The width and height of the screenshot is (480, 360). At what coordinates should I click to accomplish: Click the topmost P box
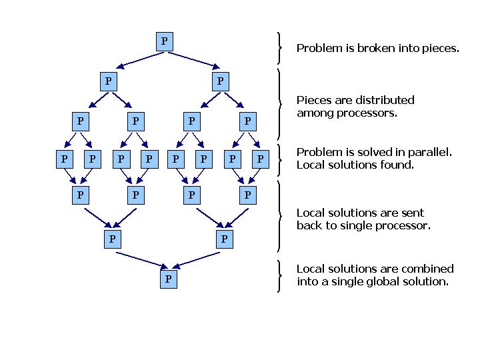164,41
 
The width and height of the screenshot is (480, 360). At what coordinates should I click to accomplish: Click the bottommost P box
168,279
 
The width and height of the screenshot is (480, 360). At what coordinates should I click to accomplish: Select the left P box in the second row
108,81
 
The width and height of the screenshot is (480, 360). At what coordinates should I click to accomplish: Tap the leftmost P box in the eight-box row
64,159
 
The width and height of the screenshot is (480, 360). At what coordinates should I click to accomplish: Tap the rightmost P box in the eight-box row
260,159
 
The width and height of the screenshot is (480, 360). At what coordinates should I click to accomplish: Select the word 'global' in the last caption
396,281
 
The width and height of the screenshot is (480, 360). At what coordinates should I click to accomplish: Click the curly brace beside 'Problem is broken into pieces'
279,47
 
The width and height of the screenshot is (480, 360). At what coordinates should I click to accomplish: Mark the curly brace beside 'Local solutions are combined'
279,275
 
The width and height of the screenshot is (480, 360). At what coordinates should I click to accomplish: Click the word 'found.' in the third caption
397,165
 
